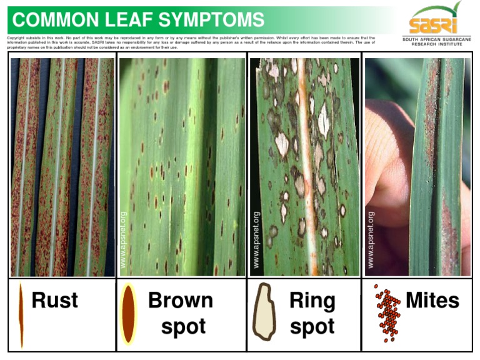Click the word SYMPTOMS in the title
pyautogui.click(x=211, y=20)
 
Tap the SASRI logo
pyautogui.click(x=433, y=19)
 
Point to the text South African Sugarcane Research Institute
pyautogui.click(x=437, y=42)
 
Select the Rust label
pyautogui.click(x=55, y=301)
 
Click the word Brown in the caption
pyautogui.click(x=180, y=301)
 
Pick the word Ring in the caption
pyautogui.click(x=312, y=301)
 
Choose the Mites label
pyautogui.click(x=432, y=301)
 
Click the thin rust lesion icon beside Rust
pyautogui.click(x=21, y=314)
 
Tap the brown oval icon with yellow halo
pyautogui.click(x=128, y=314)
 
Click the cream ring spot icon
pyautogui.click(x=264, y=312)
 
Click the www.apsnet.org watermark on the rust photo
pyautogui.click(x=123, y=241)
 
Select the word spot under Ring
pyautogui.click(x=312, y=327)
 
